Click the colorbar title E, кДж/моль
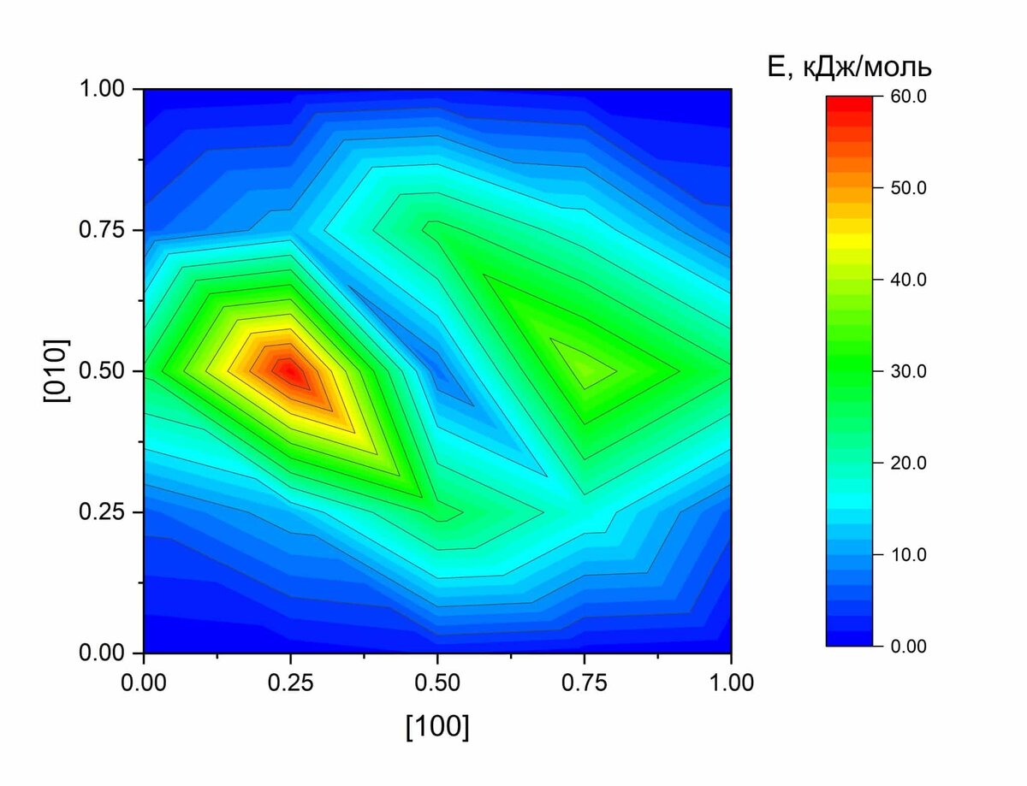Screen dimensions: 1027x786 [849, 67]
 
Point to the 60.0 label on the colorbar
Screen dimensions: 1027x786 [908, 97]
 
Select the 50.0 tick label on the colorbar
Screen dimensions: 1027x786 [908, 188]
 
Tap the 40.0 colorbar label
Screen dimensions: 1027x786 [908, 280]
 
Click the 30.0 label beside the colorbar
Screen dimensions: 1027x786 [908, 371]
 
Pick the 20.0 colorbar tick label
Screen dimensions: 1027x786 [908, 463]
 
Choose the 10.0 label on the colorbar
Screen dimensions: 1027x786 [908, 555]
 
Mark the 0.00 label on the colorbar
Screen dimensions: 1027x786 [908, 647]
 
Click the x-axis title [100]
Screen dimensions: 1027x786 [437, 726]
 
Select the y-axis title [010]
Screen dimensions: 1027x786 [56, 371]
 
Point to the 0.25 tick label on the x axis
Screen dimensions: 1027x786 [291, 683]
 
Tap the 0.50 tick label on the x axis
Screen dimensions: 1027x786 [437, 683]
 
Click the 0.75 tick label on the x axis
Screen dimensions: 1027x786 [585, 683]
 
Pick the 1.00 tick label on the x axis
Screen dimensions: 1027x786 [731, 683]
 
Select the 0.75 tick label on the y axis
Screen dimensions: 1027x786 [102, 230]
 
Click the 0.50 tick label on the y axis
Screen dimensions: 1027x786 [102, 371]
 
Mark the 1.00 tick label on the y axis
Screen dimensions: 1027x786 [102, 89]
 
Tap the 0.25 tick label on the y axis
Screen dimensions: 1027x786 [102, 512]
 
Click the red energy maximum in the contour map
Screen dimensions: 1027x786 [289, 372]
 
